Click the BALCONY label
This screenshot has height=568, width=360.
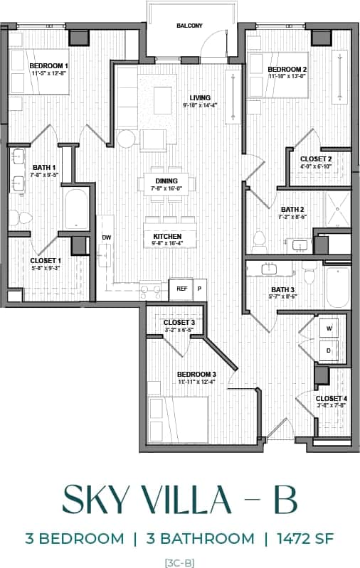[190, 26]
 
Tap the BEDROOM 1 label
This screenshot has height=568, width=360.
[49, 65]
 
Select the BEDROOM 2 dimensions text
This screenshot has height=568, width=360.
[287, 78]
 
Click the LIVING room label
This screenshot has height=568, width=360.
[200, 98]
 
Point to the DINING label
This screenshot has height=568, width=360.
[166, 181]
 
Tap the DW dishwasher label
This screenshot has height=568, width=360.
[107, 237]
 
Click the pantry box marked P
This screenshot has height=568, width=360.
[199, 289]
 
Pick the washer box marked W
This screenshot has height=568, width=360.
[329, 328]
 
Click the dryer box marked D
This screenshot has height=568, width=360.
[329, 350]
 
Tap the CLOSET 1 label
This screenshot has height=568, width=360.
[46, 261]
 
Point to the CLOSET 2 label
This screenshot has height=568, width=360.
[316, 159]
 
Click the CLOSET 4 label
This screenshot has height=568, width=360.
[331, 398]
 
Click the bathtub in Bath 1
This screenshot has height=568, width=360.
[76, 210]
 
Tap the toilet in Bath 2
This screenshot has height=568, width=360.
[260, 244]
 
